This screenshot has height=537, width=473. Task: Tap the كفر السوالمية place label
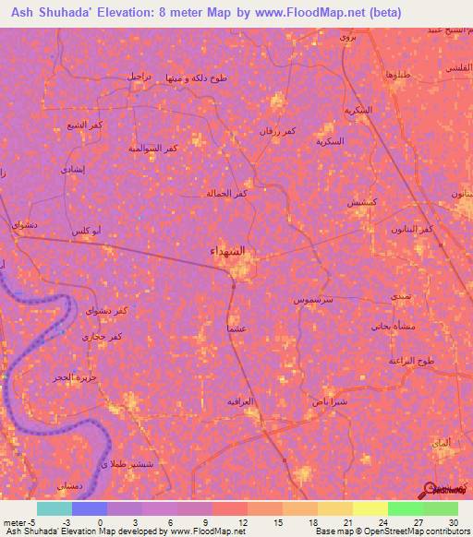point(153,148)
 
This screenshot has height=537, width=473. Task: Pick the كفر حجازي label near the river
point(102,337)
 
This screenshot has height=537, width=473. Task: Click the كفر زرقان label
point(277,131)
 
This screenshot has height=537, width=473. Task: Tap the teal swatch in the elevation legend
point(54,508)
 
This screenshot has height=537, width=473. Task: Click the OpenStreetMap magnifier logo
point(431,488)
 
